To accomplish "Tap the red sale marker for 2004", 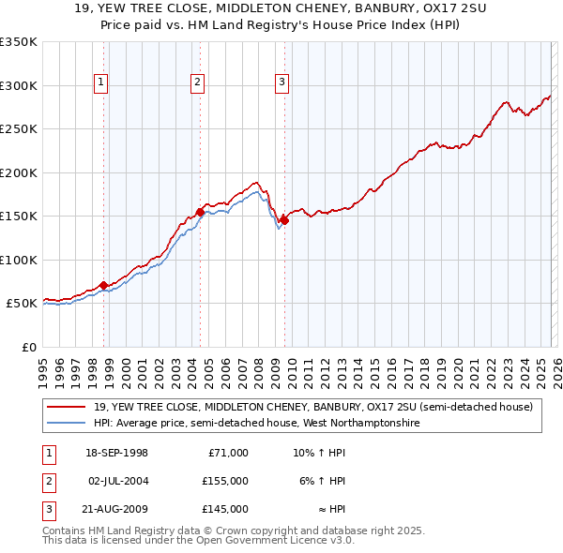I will pos(200,213).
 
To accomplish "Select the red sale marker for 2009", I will pos(284,221).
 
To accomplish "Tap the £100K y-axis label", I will pos(19,260).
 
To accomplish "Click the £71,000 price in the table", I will pos(228,453).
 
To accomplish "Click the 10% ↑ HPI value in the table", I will pos(319,453).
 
